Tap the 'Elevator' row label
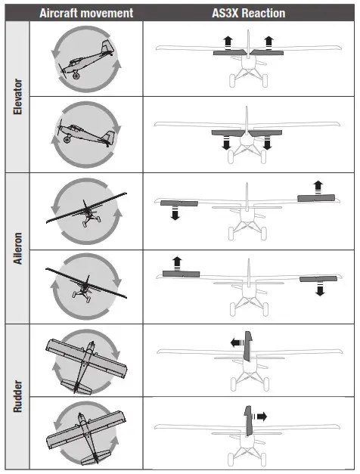17,96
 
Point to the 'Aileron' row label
17,247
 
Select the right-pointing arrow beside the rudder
261,415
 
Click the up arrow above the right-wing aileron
318,184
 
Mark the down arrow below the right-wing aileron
320,290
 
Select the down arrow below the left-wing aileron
175,215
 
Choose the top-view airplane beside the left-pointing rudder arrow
84,361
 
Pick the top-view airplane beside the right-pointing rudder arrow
84,434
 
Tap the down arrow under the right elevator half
265,143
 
